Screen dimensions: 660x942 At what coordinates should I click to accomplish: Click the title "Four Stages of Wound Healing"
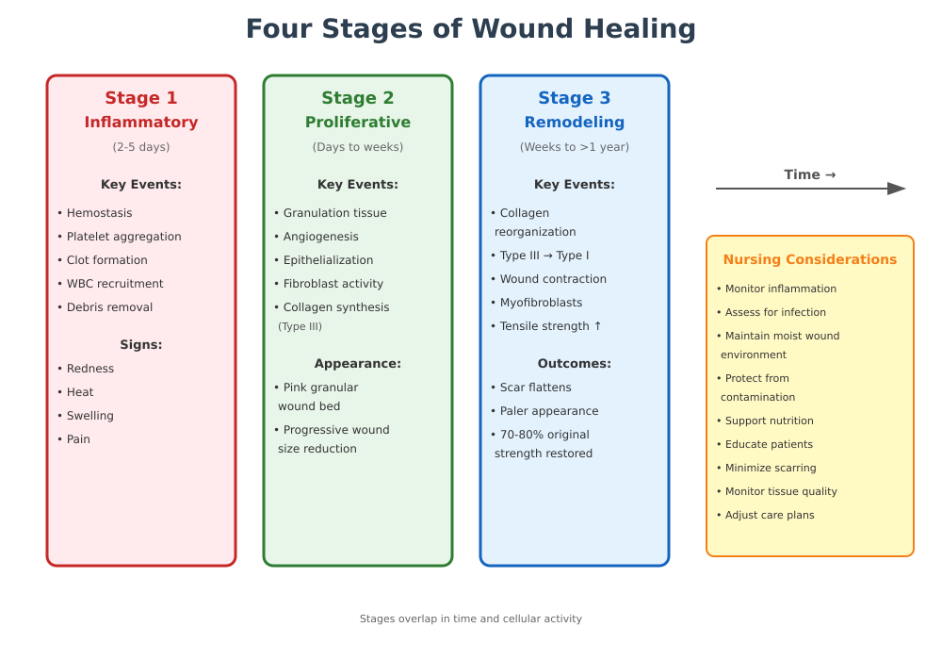pos(471,29)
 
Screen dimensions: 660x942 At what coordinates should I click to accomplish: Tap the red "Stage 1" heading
pos(141,98)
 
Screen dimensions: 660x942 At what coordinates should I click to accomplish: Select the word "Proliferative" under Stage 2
pos(358,123)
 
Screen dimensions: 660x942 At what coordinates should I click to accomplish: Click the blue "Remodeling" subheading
pos(575,123)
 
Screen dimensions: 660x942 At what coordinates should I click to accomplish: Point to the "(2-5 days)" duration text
pos(141,147)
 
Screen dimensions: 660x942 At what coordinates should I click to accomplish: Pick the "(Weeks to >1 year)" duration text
pos(575,147)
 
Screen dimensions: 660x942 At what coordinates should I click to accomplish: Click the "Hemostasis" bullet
pos(99,213)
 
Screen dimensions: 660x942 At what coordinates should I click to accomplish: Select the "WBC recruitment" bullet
pos(115,284)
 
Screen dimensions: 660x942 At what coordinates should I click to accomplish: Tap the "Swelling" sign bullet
pos(90,416)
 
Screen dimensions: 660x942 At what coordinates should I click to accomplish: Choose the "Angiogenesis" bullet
pos(320,237)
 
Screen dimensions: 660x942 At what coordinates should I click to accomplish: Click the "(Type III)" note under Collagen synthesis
pos(300,327)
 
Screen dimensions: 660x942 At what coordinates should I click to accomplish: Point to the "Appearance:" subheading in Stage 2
pos(358,364)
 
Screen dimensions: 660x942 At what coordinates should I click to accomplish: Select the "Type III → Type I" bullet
pos(544,256)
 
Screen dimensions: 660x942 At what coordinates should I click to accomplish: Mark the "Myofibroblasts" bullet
pos(541,303)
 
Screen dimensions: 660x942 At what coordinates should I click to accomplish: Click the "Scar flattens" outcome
pos(535,388)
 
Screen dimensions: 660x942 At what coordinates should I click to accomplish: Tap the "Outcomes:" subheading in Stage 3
pos(575,364)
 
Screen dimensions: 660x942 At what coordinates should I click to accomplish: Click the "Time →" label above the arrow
pos(810,174)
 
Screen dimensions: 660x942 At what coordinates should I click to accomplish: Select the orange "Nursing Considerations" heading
pos(810,260)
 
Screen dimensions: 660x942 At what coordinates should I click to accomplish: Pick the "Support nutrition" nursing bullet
pos(769,421)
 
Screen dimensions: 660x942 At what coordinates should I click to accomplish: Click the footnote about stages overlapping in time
pos(471,619)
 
